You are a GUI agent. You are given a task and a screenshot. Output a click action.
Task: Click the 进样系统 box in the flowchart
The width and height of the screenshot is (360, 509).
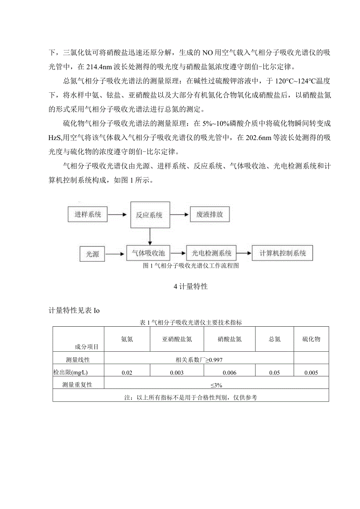(x=88, y=214)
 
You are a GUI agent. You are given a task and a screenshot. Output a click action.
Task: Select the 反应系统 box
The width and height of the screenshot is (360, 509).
(x=150, y=215)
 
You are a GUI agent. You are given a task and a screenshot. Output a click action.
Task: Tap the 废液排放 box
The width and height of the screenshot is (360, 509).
(x=209, y=215)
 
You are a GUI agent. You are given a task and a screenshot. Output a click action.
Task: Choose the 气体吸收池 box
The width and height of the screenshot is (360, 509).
(x=149, y=253)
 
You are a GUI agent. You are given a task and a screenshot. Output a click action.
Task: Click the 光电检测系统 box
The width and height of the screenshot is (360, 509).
(x=211, y=253)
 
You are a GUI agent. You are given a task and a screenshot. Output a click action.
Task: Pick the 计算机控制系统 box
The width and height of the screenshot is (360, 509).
(x=283, y=253)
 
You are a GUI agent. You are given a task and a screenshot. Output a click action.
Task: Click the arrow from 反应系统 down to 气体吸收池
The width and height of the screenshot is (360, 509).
(x=150, y=236)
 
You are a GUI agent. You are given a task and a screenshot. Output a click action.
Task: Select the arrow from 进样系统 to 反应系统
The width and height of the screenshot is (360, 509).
(x=118, y=214)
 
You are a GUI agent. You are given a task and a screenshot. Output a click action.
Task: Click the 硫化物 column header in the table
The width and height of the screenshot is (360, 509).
(x=311, y=339)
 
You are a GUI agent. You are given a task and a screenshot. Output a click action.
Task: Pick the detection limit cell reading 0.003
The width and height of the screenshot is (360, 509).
(x=177, y=373)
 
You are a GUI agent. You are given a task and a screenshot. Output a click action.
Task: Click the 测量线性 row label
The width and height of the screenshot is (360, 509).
(x=78, y=360)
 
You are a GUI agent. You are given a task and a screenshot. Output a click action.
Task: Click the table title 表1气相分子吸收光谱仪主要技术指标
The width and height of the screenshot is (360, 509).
(x=191, y=323)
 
